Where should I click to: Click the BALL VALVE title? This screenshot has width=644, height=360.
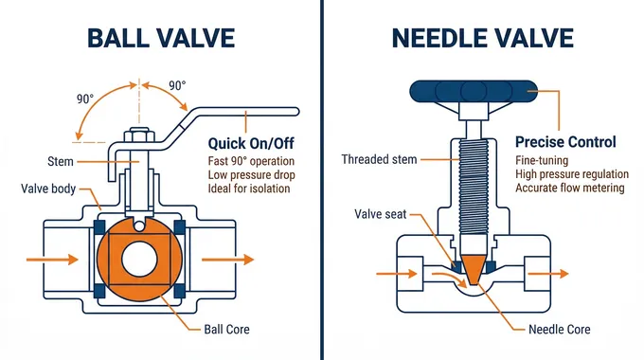pyautogui.click(x=161, y=38)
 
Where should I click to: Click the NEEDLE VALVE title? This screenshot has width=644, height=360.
pyautogui.click(x=483, y=38)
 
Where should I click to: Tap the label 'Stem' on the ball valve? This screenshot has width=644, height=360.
pyautogui.click(x=61, y=161)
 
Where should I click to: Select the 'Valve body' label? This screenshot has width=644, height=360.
pyautogui.click(x=48, y=189)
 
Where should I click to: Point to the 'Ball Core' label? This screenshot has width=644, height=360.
pyautogui.click(x=226, y=329)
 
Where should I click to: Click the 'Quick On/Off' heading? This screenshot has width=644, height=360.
pyautogui.click(x=251, y=143)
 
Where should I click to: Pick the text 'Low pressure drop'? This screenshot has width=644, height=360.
pyautogui.click(x=251, y=174)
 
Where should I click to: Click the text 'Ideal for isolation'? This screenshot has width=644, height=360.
pyautogui.click(x=249, y=189)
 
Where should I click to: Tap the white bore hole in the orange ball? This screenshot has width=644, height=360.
pyautogui.click(x=139, y=260)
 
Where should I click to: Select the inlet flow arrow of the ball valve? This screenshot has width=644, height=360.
pyautogui.click(x=52, y=260)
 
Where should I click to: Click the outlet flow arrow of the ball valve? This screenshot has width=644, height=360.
pyautogui.click(x=227, y=260)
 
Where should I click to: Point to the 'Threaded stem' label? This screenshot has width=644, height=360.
pyautogui.click(x=379, y=159)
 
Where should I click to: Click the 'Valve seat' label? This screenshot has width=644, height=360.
pyautogui.click(x=381, y=214)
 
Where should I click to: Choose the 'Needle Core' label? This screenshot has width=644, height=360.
pyautogui.click(x=560, y=329)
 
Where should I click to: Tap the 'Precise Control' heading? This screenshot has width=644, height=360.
pyautogui.click(x=565, y=142)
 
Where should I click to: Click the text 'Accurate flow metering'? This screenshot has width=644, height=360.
pyautogui.click(x=570, y=188)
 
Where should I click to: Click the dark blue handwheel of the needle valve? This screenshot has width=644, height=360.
pyautogui.click(x=474, y=91)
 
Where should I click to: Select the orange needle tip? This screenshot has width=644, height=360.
pyautogui.click(x=474, y=269)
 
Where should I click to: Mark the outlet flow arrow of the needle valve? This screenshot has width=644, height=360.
pyautogui.click(x=548, y=273)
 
